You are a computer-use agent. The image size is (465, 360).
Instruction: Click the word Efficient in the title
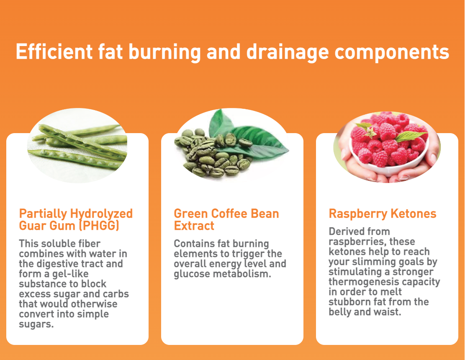tap(54, 51)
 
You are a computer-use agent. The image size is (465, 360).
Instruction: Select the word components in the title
tap(392, 53)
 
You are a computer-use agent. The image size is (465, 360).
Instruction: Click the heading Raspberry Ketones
tap(383, 214)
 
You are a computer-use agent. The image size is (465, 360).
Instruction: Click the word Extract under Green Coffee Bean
tap(194, 226)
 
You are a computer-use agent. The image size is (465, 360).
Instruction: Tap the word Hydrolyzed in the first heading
tap(101, 214)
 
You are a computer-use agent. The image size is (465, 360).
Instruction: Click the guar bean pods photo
tap(77, 145)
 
